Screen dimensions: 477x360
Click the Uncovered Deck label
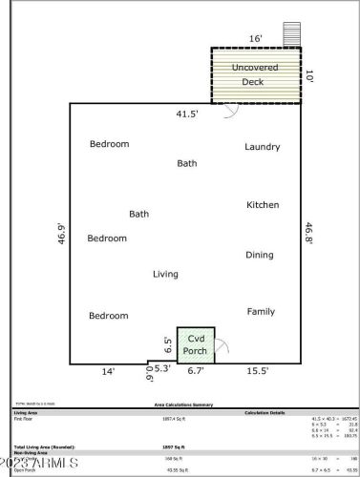tap(255, 74)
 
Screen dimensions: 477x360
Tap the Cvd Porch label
tap(196, 344)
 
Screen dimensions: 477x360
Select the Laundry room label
tap(262, 147)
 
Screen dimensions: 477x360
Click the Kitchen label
tap(263, 205)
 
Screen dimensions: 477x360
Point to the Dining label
tap(260, 255)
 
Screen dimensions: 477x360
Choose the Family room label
tap(261, 311)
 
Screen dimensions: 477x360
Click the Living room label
tap(165, 275)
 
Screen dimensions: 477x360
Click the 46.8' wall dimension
tap(308, 234)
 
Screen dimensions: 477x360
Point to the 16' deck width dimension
tap(256, 39)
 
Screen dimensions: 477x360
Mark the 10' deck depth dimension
tap(308, 74)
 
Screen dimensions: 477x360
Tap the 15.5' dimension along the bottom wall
tap(258, 370)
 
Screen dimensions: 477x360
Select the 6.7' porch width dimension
tap(196, 369)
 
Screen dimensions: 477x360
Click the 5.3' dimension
tap(162, 368)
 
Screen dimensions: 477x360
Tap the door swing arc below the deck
tap(230, 111)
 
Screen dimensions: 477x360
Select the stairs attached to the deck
tap(292, 34)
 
